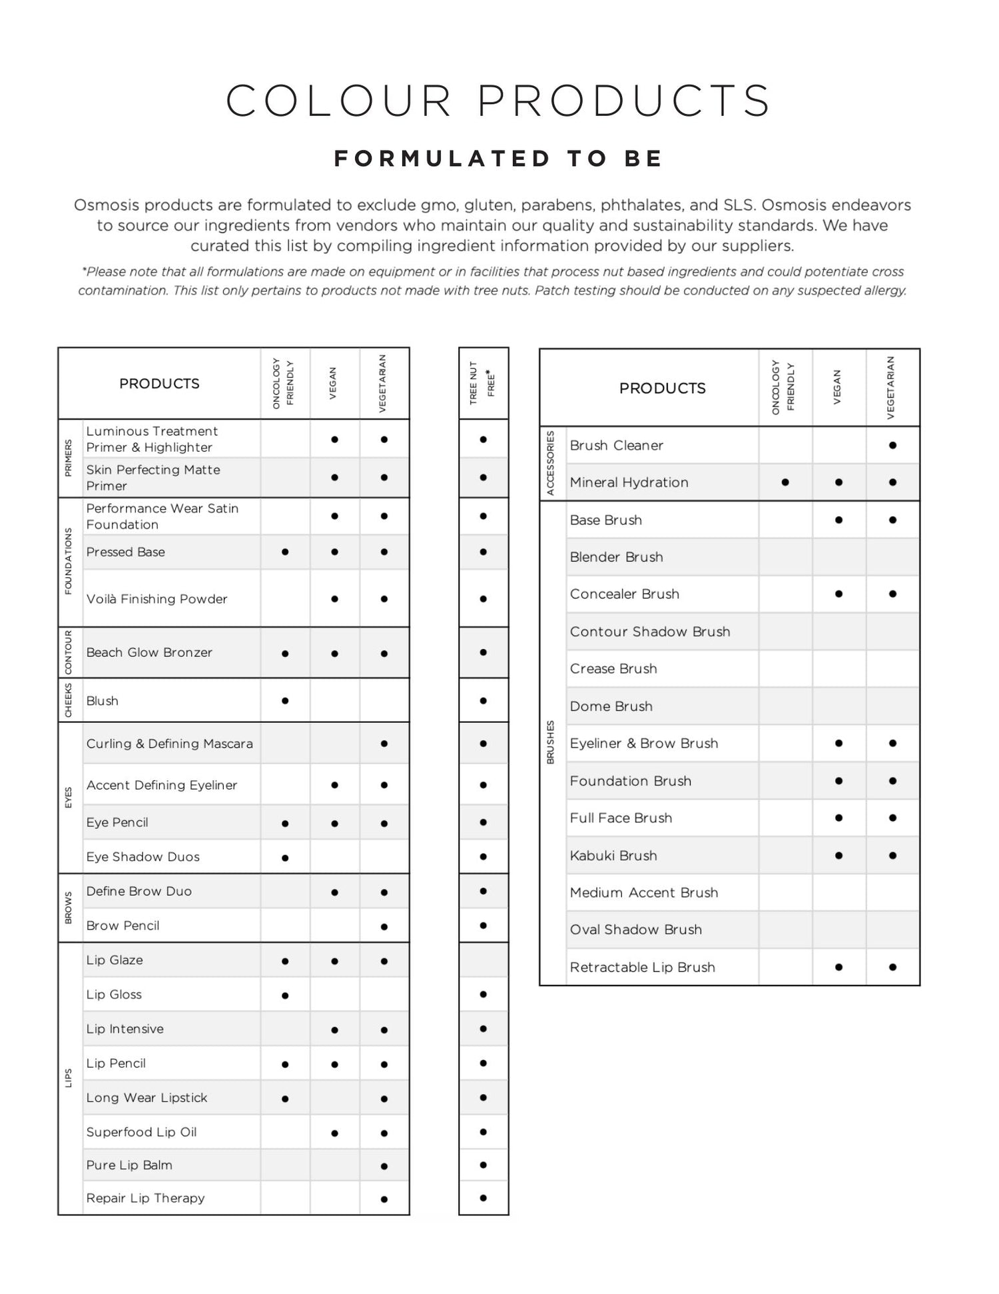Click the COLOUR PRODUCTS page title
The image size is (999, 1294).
pos(498,101)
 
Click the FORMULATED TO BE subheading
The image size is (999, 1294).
pos(499,159)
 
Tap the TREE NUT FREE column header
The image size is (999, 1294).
pos(483,383)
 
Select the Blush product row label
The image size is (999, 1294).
pos(103,701)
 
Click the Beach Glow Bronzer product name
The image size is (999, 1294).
pos(149,653)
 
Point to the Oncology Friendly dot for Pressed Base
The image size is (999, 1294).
pos(285,552)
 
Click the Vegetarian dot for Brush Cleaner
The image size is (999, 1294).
pos(892,445)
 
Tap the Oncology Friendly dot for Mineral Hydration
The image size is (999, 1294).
pos(785,482)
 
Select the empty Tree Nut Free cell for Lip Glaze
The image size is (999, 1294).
pos(483,960)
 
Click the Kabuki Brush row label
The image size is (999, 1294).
pos(613,856)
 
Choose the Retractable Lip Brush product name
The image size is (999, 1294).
pos(642,968)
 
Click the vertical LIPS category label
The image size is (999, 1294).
pos(69,1078)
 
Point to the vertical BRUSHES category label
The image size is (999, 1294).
pos(551,742)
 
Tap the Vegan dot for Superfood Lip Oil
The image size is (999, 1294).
pos(334,1133)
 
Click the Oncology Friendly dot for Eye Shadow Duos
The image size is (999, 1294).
pos(285,858)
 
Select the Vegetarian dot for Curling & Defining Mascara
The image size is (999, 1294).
pos(384,744)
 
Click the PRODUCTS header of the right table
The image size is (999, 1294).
pos(662,388)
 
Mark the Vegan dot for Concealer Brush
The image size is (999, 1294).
pos(838,594)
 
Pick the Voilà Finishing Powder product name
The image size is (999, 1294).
pos(157,599)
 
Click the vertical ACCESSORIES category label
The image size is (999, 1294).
pos(551,463)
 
